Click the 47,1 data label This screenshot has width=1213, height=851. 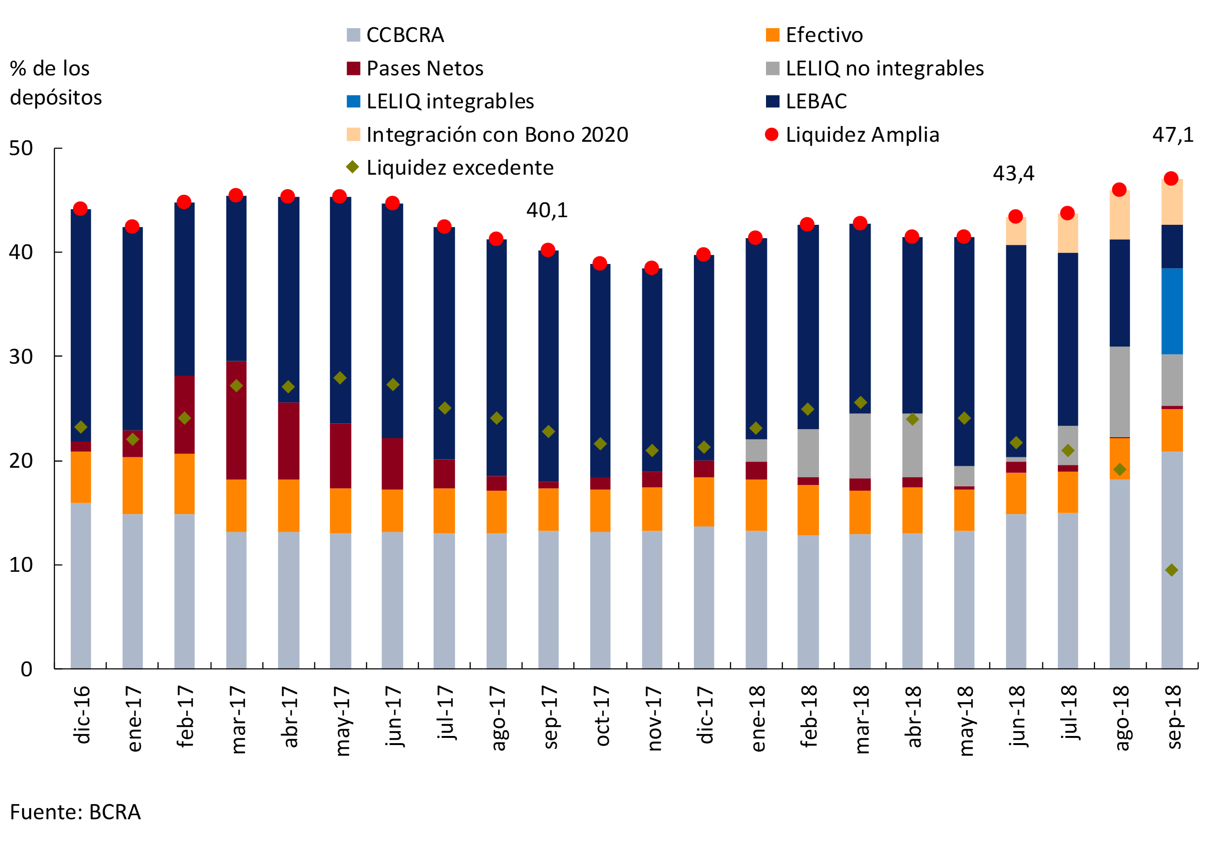click(x=1173, y=135)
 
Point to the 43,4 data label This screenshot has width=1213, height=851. click(x=1013, y=173)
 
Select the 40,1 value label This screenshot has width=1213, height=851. click(x=547, y=210)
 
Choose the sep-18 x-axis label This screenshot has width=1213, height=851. click(x=1173, y=717)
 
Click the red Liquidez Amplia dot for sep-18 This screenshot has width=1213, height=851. click(x=1170, y=179)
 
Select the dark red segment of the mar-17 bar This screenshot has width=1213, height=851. click(x=236, y=420)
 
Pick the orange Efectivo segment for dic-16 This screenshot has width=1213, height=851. click(x=80, y=477)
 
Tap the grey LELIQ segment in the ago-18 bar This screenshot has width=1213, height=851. click(x=1119, y=391)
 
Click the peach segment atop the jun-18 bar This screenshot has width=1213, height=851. click(x=1015, y=231)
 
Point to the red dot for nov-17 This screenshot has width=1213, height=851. click(x=651, y=268)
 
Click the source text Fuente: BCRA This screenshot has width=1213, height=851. click(x=75, y=812)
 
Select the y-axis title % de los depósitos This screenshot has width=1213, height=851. click(x=55, y=83)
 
